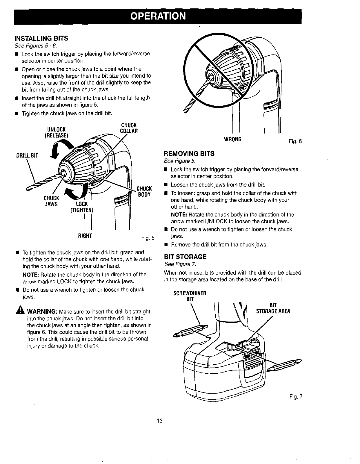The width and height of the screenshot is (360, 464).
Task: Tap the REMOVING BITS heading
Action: coord(189,154)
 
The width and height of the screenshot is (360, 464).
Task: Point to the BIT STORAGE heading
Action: coord(185,257)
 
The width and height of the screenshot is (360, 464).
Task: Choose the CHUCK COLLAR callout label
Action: coord(129,128)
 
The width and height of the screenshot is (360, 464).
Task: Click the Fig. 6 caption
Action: coord(295,141)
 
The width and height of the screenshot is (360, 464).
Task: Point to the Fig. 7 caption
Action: coord(295,397)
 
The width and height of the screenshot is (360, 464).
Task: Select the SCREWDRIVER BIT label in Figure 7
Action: coord(190,296)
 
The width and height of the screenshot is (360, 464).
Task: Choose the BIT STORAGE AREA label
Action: coord(273,308)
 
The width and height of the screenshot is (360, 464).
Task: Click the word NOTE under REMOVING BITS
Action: coord(179,215)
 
